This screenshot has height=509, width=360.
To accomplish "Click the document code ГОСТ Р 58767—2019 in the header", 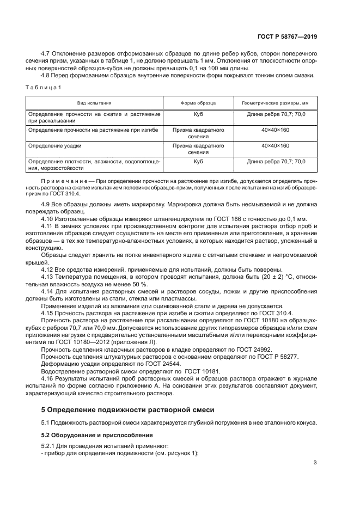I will point(287,36).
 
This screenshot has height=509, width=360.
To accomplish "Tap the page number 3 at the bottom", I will point(315,463).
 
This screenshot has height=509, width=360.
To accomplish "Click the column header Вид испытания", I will point(94,103).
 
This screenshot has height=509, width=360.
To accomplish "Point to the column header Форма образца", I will point(198,103).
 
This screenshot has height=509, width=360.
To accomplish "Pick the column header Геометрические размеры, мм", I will point(275,103).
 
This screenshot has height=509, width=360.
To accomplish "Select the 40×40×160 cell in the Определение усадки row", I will point(275,146).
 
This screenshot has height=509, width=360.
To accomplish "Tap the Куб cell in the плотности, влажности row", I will point(198,162).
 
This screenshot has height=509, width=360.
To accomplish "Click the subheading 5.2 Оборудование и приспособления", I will point(93,435).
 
